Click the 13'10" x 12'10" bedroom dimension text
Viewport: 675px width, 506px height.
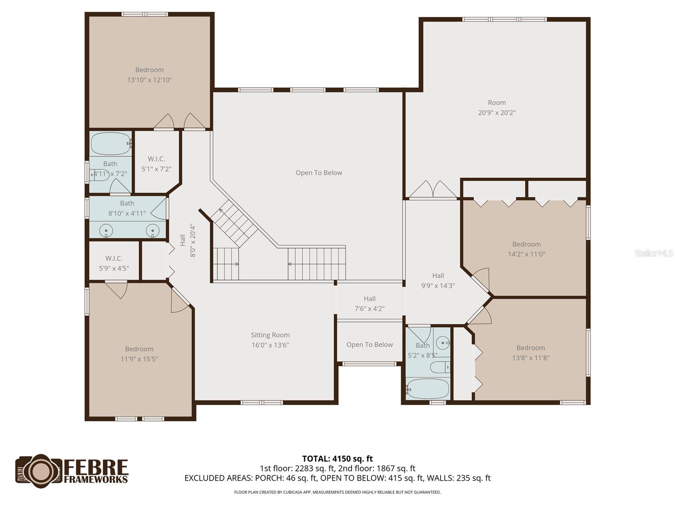point(149,80)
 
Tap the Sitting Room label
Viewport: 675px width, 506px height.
point(270,335)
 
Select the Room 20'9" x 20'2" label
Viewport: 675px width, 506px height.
point(497,108)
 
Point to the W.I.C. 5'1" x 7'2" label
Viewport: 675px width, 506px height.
point(156,164)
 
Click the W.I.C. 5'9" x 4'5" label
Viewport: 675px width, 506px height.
point(114,263)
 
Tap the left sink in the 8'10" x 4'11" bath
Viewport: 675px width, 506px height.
point(106,231)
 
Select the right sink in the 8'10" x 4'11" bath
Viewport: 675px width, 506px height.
point(153,231)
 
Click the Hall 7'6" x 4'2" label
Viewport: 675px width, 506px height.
point(370,304)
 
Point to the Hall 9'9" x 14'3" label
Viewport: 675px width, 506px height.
point(438,280)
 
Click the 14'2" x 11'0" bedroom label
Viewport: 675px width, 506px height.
point(526,249)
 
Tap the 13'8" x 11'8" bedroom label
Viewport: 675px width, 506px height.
point(531,353)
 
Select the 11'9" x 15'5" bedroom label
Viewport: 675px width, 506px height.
point(139,354)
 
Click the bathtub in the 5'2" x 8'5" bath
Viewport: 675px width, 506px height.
point(428,388)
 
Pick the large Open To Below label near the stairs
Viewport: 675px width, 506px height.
point(319,173)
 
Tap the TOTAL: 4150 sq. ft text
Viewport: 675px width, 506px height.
point(337,459)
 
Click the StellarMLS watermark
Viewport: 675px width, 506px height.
point(653,253)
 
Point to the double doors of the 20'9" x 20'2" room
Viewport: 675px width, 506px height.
point(433,190)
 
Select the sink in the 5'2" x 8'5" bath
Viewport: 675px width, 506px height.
point(442,342)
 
